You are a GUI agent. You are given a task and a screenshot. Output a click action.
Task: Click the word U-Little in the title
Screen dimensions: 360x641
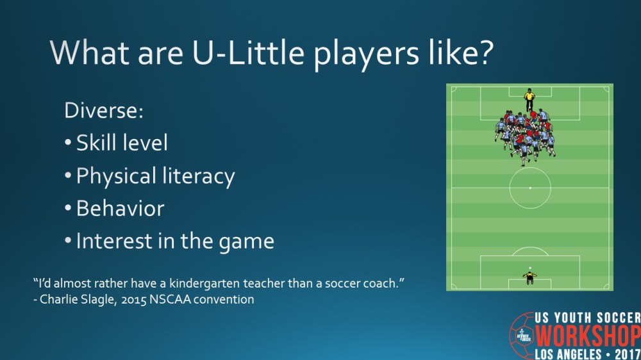pos(213,52)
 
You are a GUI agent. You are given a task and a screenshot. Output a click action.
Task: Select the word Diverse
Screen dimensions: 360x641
pos(103,110)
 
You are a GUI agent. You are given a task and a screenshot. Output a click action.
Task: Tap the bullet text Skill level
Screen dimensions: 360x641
pos(122,143)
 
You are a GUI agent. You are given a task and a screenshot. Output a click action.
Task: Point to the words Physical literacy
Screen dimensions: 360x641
pos(155,176)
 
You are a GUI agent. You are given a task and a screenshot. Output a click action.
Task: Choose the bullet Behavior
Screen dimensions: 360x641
pos(120,209)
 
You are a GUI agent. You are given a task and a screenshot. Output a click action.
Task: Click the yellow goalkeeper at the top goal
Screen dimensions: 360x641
pos(529,100)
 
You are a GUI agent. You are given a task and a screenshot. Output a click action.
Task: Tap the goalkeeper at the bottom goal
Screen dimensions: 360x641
pos(529,277)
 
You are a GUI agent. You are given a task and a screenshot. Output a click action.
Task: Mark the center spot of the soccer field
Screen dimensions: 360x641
pos(530,188)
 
